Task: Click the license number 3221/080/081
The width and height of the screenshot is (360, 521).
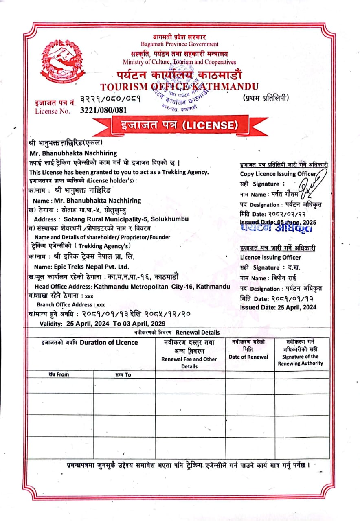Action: [x=103, y=110]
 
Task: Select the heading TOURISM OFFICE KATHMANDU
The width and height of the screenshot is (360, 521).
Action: [x=179, y=86]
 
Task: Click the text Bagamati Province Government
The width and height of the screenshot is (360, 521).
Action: [x=180, y=44]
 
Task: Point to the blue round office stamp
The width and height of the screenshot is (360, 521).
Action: [x=182, y=94]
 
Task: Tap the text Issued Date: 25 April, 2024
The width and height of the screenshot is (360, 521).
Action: [x=278, y=307]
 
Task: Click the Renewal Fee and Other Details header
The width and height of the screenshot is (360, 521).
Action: [x=189, y=363]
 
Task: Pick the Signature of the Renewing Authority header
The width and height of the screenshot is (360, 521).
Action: [x=301, y=360]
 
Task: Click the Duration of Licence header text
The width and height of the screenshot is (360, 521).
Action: [x=109, y=342]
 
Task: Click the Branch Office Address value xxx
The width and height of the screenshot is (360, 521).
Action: [x=101, y=304]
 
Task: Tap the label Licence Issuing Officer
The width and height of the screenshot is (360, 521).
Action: [x=270, y=257]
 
